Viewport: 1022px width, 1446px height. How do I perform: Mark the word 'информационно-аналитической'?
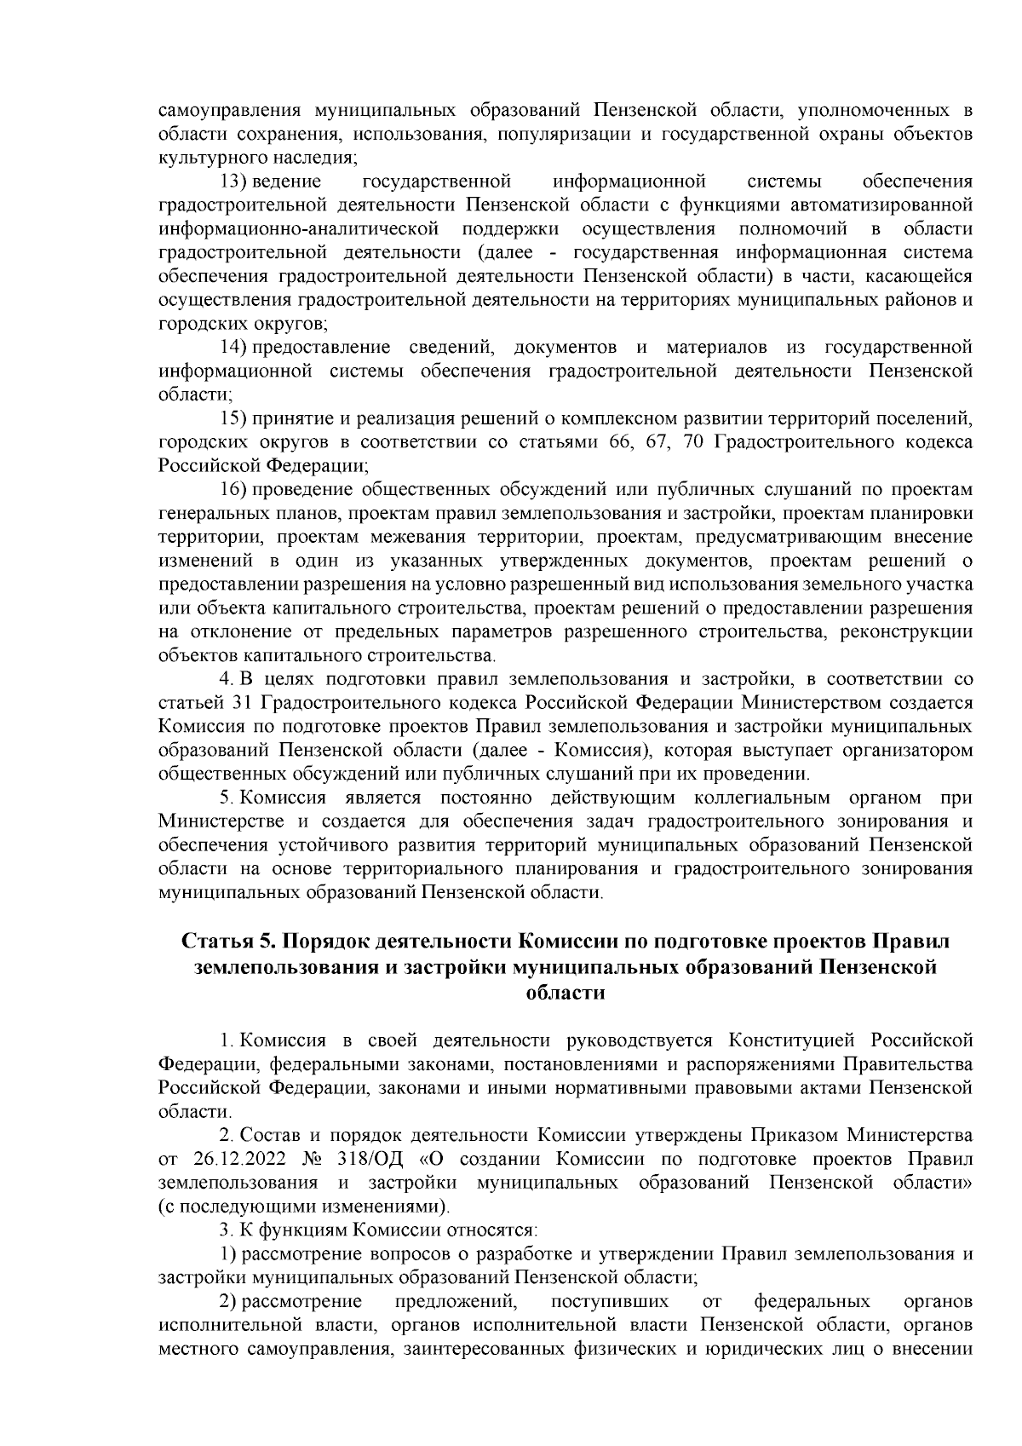pyautogui.click(x=299, y=229)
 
